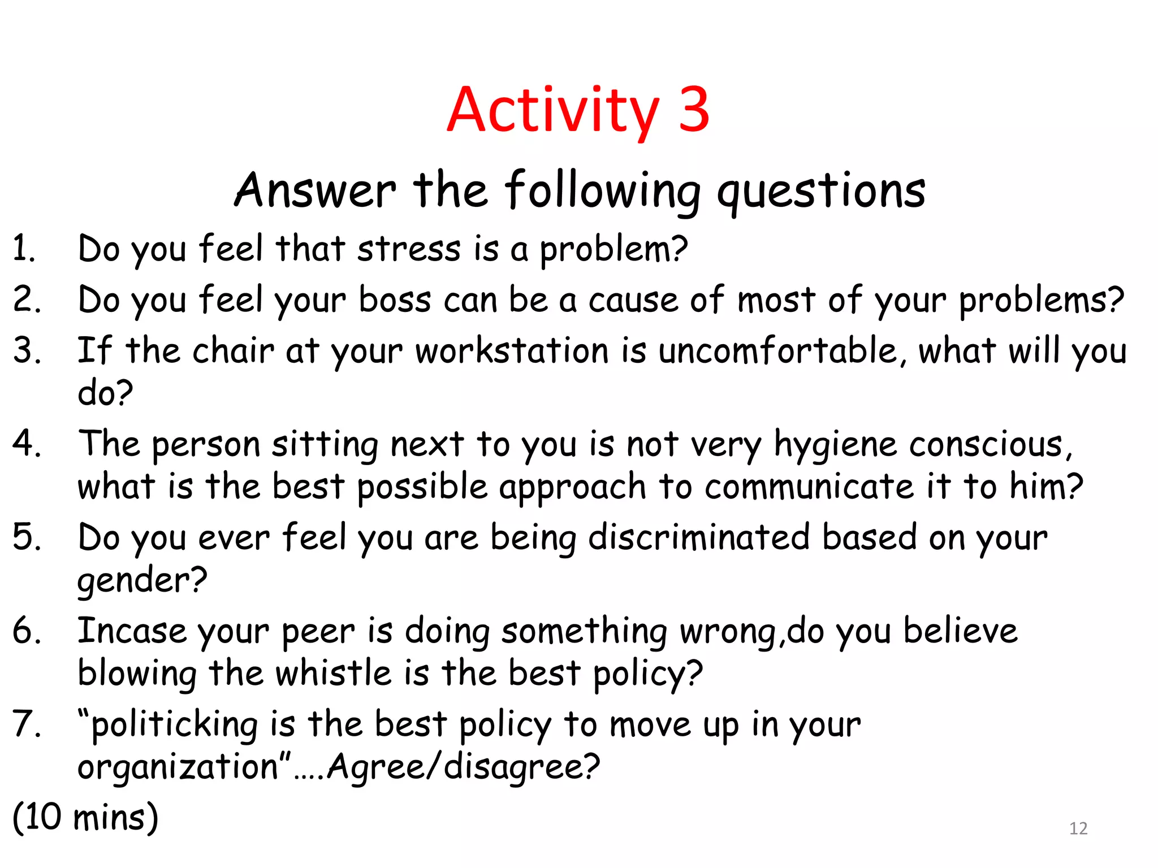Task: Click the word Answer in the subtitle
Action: pos(315,190)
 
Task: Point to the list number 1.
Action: pos(23,249)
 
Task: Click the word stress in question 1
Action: pos(409,249)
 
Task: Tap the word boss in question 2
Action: pos(395,300)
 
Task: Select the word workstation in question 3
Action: pos(512,351)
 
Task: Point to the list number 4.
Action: pos(26,444)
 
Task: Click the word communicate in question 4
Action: pos(809,487)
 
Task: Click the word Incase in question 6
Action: pos(132,631)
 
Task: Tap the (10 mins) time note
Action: pos(85,817)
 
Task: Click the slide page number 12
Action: pos(1078,828)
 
